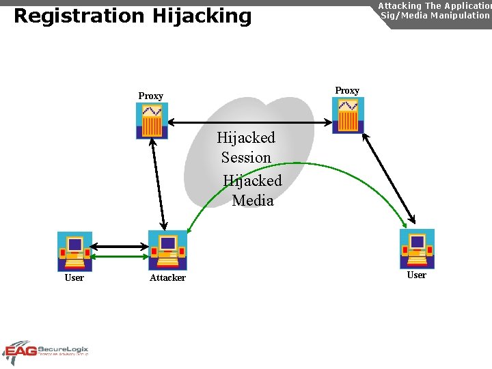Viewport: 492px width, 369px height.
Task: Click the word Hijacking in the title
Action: tap(203, 16)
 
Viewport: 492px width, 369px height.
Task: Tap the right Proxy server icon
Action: tap(348, 115)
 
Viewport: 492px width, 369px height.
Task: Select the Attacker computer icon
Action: tap(167, 250)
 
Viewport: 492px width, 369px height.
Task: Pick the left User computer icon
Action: tap(74, 251)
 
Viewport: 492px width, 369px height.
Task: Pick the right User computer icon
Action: tap(417, 249)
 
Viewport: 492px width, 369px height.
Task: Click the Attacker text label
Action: tap(167, 277)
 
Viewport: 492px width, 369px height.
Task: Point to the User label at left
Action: tap(74, 277)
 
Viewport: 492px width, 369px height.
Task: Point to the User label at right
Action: tap(416, 275)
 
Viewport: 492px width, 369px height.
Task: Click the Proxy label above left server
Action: tap(150, 96)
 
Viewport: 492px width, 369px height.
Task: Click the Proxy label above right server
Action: tap(347, 90)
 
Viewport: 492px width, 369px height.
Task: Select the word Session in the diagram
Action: tap(246, 158)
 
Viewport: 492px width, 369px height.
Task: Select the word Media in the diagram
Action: tap(253, 201)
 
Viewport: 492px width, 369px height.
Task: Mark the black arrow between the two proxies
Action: tap(249, 122)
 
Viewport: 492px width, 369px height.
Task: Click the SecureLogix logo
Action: tap(46, 352)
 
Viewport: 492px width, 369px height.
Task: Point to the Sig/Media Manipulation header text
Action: tap(435, 14)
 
